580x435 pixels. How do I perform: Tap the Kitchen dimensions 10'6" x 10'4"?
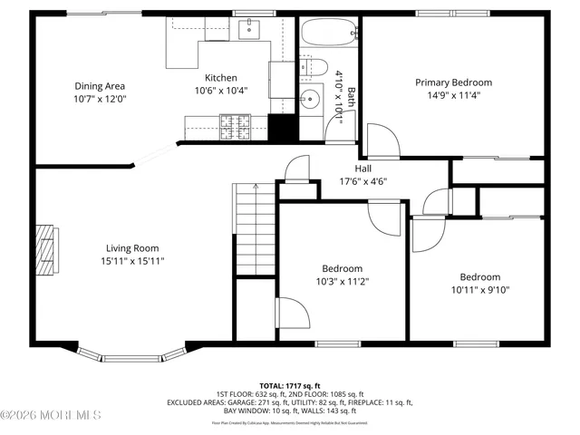(x=220, y=91)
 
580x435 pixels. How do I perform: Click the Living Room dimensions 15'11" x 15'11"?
(x=132, y=261)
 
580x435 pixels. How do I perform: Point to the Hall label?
(x=362, y=169)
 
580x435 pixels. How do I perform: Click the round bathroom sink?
(x=312, y=98)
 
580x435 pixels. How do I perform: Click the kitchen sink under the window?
(x=248, y=31)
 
